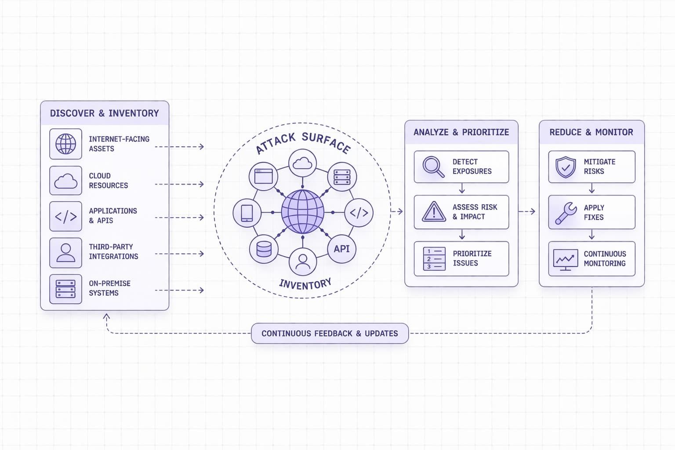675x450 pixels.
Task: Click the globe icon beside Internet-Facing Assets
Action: (65, 144)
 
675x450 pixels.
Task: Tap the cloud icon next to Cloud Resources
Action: (65, 181)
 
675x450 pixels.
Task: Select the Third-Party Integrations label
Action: (113, 252)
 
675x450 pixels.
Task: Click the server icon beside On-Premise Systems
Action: (65, 289)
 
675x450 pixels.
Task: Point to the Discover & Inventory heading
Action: (104, 113)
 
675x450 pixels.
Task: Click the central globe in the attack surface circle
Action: (302, 212)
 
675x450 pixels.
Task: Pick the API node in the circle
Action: (341, 249)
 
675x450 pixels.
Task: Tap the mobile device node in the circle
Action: (247, 213)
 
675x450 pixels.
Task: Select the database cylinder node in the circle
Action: (264, 249)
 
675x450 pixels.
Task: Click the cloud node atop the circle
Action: (302, 163)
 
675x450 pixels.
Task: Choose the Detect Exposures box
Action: (461, 167)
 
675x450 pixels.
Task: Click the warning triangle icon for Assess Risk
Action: (434, 212)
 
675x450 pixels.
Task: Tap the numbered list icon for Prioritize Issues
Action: (434, 259)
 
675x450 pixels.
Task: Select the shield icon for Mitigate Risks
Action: (566, 167)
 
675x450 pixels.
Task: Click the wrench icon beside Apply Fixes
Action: (566, 213)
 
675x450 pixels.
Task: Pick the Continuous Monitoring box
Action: (592, 259)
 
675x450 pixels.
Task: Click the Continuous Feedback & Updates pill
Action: (330, 334)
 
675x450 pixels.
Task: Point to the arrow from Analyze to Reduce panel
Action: (527, 211)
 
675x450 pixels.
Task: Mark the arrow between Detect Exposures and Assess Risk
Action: (462, 189)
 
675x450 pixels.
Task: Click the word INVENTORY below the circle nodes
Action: (305, 284)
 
